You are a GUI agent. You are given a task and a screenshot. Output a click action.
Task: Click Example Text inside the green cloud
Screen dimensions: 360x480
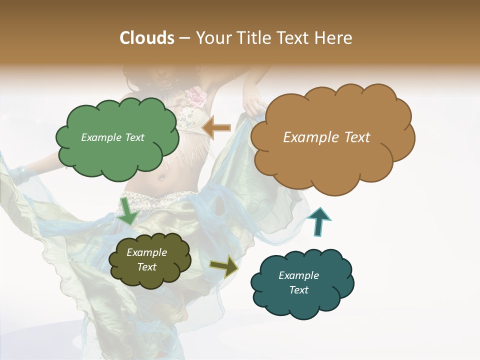(112, 137)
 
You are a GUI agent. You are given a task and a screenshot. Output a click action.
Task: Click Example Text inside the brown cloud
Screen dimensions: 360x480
(326, 137)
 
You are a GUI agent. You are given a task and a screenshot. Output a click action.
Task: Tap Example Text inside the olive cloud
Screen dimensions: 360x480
(147, 260)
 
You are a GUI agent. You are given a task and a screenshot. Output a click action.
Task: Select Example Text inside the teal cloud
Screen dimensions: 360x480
(298, 282)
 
